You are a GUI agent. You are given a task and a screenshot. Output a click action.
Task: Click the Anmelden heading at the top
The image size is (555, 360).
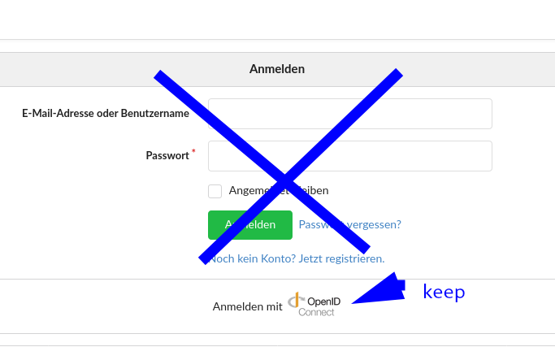[277, 69]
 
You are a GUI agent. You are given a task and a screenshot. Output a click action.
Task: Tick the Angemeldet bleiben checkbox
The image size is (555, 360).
[215, 191]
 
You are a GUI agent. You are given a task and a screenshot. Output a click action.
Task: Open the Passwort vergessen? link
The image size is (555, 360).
[350, 224]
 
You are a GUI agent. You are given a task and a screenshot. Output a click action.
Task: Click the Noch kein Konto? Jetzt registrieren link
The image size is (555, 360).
[297, 258]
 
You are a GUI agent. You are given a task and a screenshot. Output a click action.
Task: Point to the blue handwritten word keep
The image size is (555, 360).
[444, 292]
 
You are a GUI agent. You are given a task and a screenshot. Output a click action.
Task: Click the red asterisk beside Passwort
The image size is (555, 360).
[193, 151]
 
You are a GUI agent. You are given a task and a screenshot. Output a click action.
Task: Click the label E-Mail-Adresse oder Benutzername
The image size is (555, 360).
[106, 114]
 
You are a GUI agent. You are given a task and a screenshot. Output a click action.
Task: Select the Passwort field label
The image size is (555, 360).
[167, 156]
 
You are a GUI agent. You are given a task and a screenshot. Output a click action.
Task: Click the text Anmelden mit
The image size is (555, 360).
[247, 306]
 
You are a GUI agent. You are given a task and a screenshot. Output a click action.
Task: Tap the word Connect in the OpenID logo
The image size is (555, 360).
[316, 312]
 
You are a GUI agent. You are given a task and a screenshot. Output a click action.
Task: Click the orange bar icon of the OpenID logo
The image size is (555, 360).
[297, 299]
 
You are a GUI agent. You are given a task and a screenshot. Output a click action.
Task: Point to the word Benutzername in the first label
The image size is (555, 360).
[155, 114]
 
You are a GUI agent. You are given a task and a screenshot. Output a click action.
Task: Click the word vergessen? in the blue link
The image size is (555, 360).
[375, 224]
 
